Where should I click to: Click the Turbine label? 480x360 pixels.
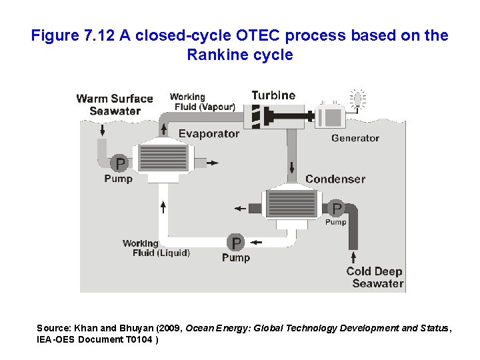pyautogui.click(x=273, y=95)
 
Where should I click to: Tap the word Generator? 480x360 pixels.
pyautogui.click(x=355, y=138)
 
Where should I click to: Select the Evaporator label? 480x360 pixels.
pyautogui.click(x=209, y=133)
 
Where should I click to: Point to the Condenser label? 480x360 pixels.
pyautogui.click(x=335, y=179)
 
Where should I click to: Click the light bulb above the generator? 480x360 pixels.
pyautogui.click(x=359, y=99)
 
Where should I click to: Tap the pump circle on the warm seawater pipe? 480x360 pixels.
pyautogui.click(x=119, y=163)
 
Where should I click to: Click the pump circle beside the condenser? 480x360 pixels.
pyautogui.click(x=337, y=209)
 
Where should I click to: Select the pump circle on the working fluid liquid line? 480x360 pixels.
pyautogui.click(x=236, y=242)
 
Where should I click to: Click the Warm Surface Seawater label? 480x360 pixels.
pyautogui.click(x=114, y=105)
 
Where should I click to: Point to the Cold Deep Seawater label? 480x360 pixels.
pyautogui.click(x=375, y=277)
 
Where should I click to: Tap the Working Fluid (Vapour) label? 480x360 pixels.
pyautogui.click(x=202, y=102)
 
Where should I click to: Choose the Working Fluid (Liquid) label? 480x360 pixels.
pyautogui.click(x=157, y=248)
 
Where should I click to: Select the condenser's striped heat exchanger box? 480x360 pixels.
pyautogui.click(x=291, y=203)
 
